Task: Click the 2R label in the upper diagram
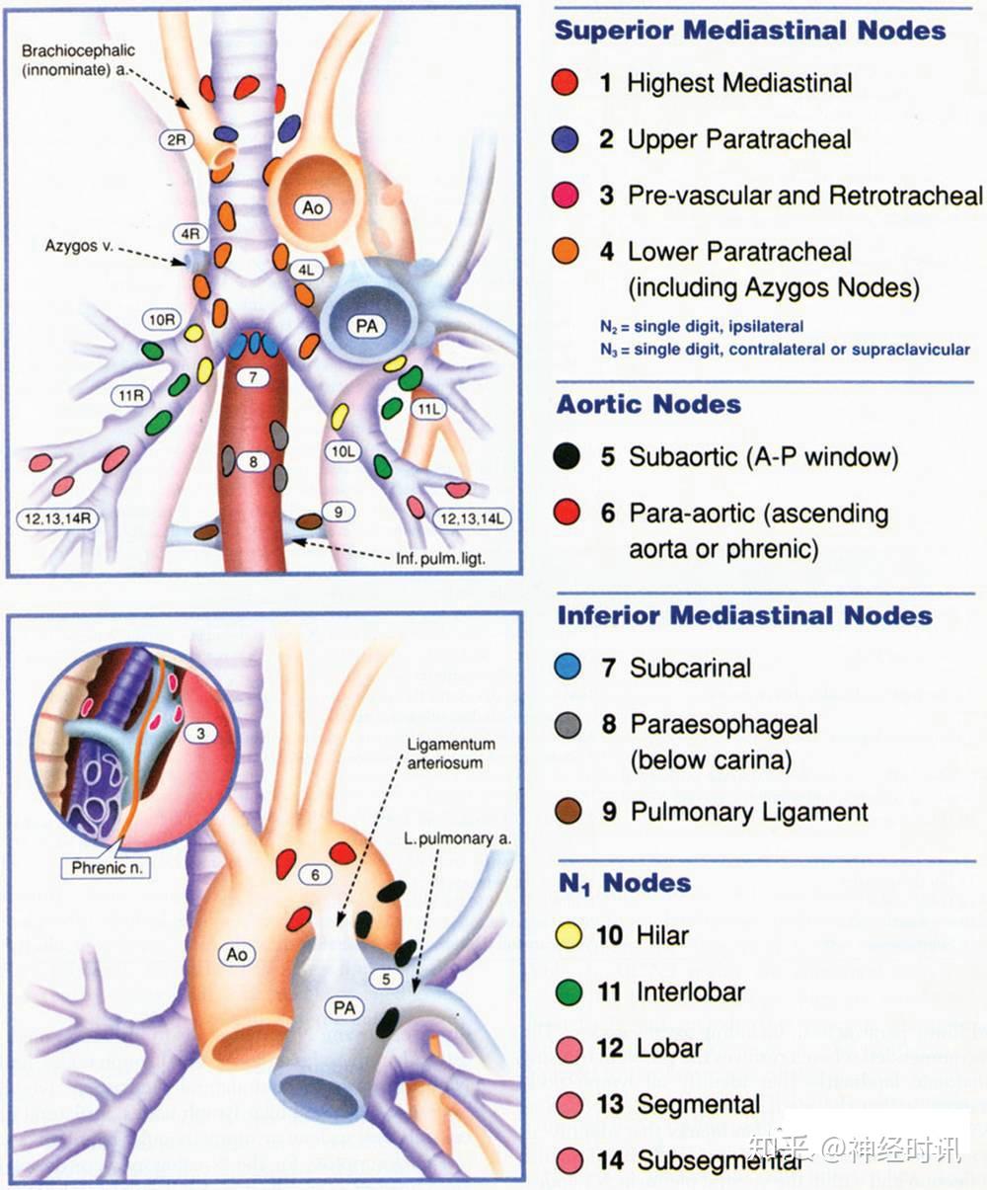(177, 140)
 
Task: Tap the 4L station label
(308, 268)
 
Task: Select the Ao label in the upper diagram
(313, 208)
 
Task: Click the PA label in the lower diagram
(344, 1008)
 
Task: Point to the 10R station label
(163, 320)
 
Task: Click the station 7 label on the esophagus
(254, 377)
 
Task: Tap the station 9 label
(338, 512)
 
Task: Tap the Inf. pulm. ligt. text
(440, 559)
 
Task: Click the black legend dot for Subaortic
(567, 456)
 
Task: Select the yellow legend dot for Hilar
(569, 934)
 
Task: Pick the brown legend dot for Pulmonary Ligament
(568, 812)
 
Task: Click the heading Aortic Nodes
(648, 404)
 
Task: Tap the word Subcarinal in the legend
(690, 668)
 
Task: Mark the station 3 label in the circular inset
(200, 733)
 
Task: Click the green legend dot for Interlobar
(569, 992)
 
